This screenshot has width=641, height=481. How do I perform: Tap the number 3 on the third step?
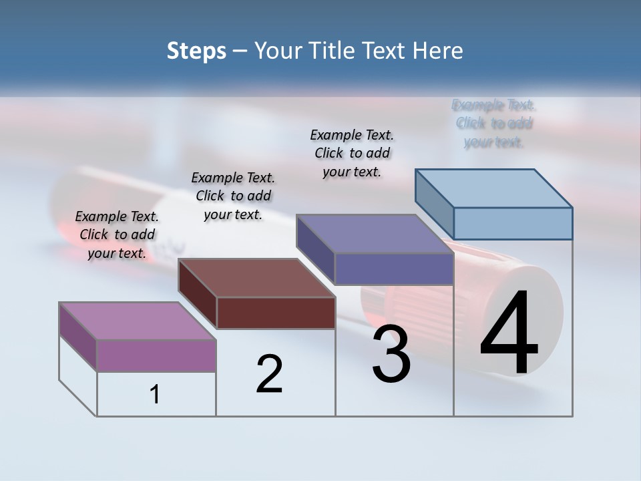tap(391, 354)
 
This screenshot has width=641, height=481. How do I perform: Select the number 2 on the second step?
tap(269, 374)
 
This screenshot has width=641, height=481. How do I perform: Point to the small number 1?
tap(155, 395)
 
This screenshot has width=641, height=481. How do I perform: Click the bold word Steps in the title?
tap(196, 51)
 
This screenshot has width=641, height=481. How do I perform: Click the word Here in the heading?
tap(438, 51)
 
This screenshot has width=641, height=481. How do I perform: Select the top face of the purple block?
tap(138, 321)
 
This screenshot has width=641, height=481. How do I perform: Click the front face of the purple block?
tap(156, 355)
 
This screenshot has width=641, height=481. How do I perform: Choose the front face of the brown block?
tap(276, 313)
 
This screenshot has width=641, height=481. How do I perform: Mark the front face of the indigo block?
tap(394, 269)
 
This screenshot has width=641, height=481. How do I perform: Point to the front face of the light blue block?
tap(513, 223)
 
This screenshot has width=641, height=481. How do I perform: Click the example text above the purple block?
tap(117, 234)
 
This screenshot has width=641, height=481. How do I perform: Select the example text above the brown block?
tap(233, 196)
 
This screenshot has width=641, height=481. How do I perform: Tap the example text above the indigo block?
tap(352, 153)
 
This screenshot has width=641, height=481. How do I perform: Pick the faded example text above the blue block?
tap(494, 123)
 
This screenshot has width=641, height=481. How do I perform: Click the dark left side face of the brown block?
tap(198, 294)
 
